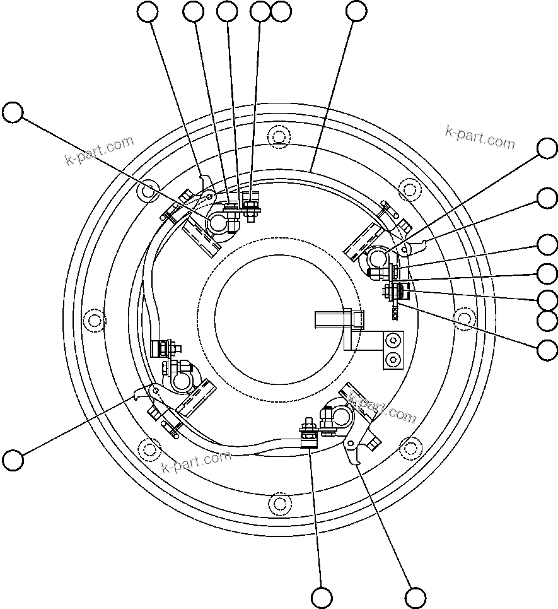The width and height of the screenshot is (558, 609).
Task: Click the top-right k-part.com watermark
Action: [x=480, y=137]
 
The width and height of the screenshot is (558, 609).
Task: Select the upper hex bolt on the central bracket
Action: [x=394, y=341]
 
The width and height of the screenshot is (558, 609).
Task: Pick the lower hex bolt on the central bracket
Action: [x=394, y=360]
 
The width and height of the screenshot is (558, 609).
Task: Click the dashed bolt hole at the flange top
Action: [x=279, y=136]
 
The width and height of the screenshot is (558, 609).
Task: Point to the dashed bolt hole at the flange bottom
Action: [x=279, y=503]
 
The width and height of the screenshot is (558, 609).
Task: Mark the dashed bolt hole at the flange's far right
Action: [x=465, y=319]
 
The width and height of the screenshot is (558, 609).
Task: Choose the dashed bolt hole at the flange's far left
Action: [x=94, y=319]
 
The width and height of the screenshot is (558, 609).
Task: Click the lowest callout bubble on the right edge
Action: [x=547, y=349]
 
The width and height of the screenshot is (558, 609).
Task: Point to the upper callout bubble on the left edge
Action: [x=13, y=113]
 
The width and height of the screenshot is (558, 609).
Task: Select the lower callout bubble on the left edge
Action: [x=13, y=459]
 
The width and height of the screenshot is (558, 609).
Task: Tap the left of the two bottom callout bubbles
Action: [x=322, y=597]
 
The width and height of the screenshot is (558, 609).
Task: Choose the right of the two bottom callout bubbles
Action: [x=416, y=597]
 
